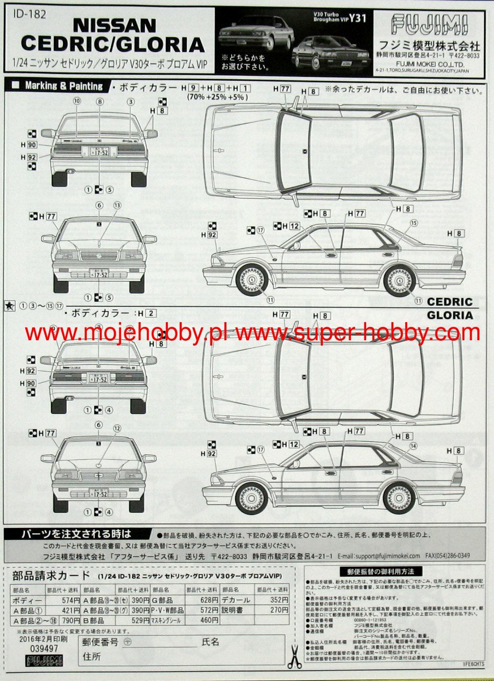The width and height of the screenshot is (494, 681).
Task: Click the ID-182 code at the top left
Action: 30,14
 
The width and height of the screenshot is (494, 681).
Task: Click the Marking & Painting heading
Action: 63,86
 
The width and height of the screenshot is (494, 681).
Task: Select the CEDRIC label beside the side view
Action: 450,302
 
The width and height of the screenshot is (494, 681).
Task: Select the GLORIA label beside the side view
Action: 450,315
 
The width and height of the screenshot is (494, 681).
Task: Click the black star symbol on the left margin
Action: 10,306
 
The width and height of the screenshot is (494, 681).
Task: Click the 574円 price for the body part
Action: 71,600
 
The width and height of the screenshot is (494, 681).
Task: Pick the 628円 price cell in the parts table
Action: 209,600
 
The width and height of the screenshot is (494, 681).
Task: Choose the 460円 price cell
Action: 209,620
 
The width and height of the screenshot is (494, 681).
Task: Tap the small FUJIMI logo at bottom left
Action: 44,661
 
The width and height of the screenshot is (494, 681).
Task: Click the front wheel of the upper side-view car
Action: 252,280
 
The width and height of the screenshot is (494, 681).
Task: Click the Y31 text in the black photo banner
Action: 357,18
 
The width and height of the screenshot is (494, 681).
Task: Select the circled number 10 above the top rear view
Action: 77,101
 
